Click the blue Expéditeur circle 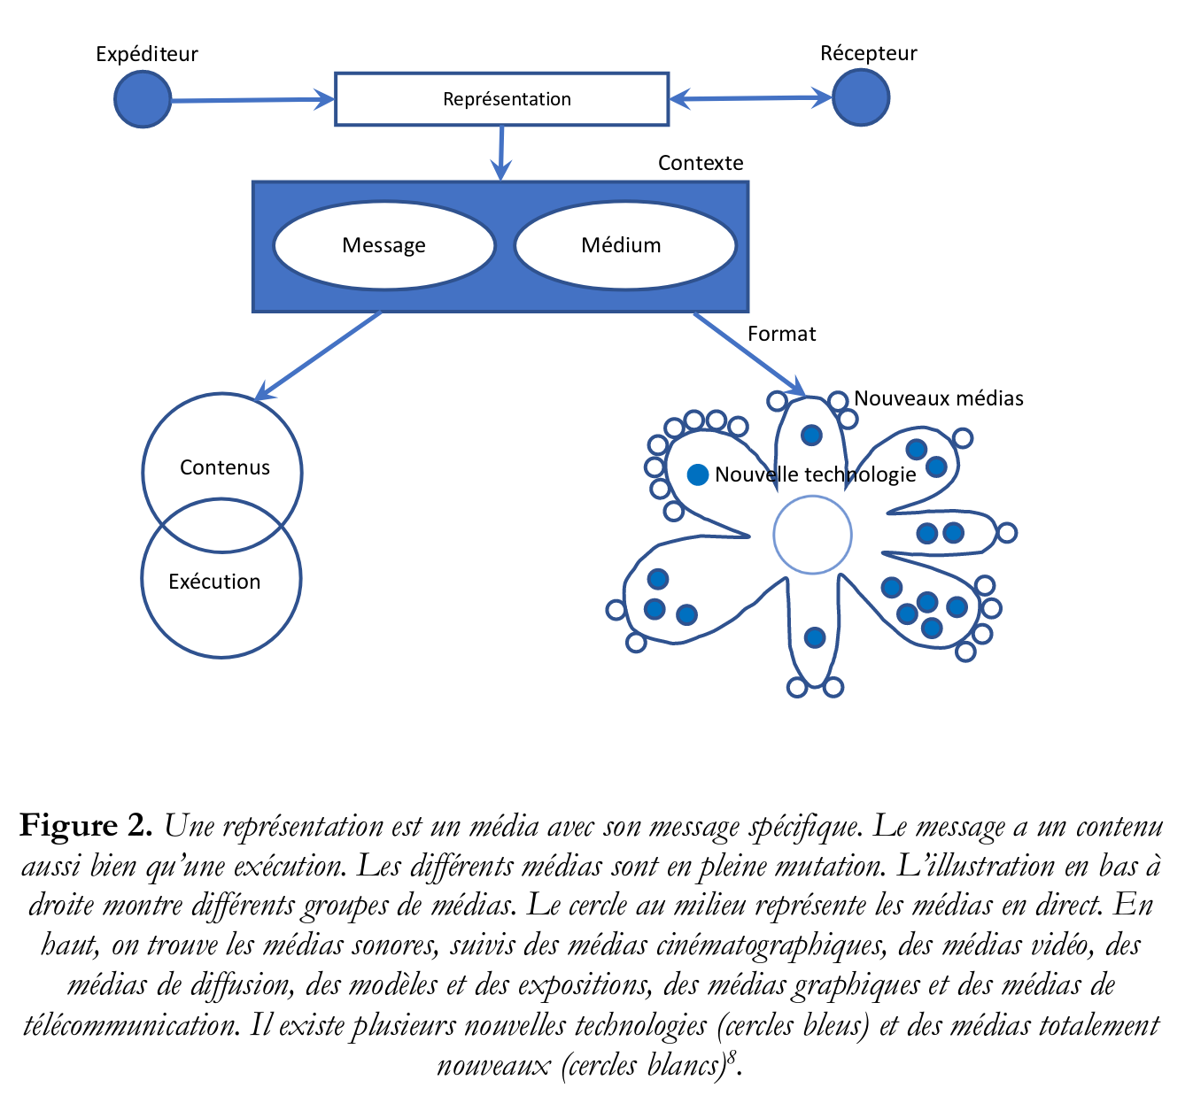[143, 99]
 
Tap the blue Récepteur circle [860, 97]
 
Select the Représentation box [501, 99]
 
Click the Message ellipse [383, 245]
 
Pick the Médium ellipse [624, 245]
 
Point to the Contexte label [701, 163]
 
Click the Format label [781, 334]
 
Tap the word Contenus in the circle [224, 467]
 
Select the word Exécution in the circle [214, 582]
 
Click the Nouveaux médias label [938, 398]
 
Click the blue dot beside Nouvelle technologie [698, 474]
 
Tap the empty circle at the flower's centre [812, 535]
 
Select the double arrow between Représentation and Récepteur [750, 98]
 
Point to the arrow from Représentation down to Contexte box [501, 152]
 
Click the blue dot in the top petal [811, 435]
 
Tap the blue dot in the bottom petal [815, 636]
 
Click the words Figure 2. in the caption [87, 825]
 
